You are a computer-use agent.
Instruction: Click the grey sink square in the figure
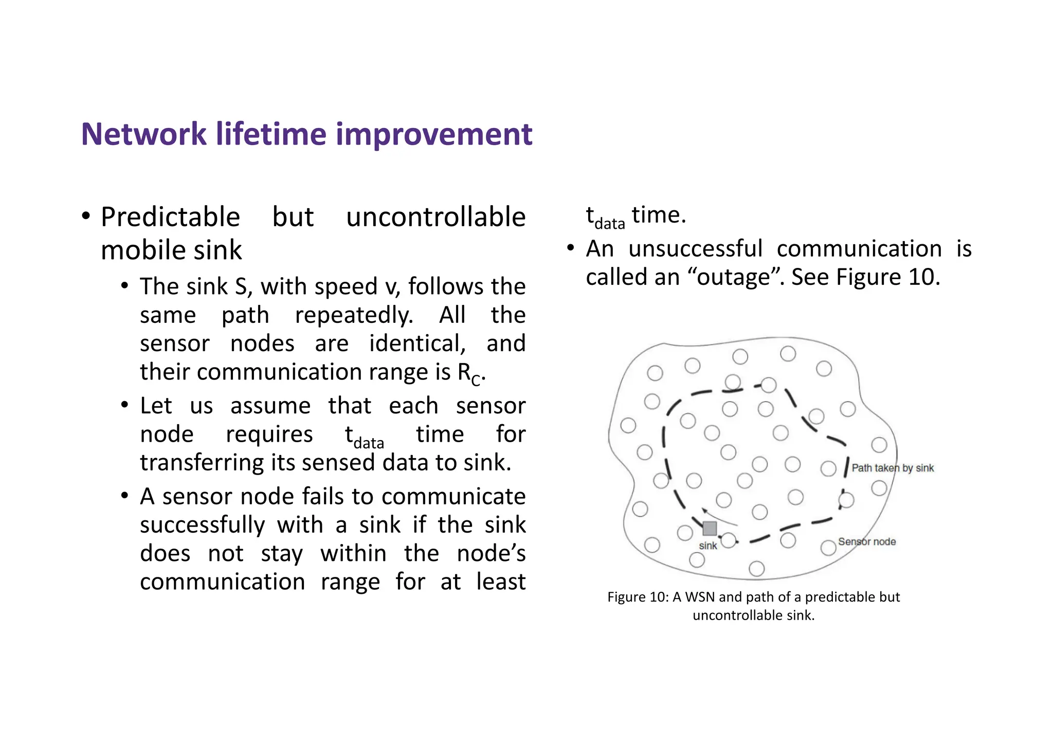click(x=710, y=528)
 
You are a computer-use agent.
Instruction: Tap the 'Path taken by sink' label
click(x=893, y=468)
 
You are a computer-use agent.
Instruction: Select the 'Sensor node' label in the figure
click(x=867, y=541)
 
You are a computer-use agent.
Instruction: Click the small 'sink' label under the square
click(x=708, y=546)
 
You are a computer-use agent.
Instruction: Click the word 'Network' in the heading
click(x=143, y=134)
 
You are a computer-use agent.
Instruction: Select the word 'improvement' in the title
click(x=434, y=134)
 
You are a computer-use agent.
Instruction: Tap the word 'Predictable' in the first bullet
click(x=170, y=217)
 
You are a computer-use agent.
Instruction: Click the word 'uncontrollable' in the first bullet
click(x=435, y=217)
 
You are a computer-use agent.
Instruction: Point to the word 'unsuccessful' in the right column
click(x=695, y=249)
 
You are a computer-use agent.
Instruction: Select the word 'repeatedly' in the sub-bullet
click(x=354, y=315)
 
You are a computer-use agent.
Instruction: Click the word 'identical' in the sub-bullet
click(x=417, y=343)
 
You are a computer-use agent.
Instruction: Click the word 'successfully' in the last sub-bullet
click(x=202, y=525)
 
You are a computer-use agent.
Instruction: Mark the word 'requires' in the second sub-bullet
click(x=269, y=434)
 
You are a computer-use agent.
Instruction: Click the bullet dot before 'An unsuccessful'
click(x=570, y=248)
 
